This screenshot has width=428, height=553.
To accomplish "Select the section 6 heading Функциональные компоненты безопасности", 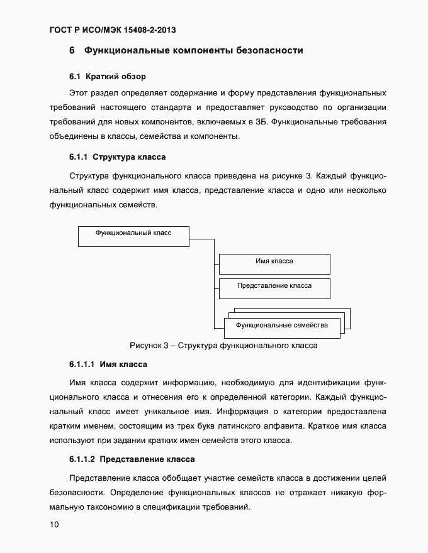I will pos(186,50).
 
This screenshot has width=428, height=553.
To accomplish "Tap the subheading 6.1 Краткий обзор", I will pos(108,77).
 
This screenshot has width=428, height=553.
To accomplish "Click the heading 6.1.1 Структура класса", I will pos(117,156).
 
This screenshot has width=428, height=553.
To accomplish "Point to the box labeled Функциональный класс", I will pos(133,236).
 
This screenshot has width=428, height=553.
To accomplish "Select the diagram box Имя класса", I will pos(274,264).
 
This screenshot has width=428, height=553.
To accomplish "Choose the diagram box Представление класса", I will pos(274,288).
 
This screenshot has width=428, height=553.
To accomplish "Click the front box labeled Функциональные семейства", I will pos(281,325).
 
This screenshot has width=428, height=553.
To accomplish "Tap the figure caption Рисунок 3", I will pos(223,345).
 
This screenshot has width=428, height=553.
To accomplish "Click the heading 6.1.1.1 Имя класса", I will pos(108,364).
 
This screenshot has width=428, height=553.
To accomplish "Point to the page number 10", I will pos(53,525).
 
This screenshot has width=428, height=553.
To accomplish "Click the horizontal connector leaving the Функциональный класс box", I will pos(201,239).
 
